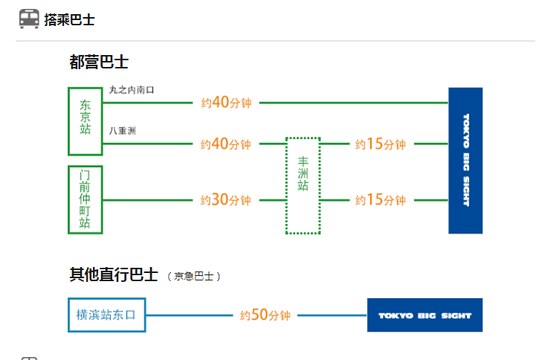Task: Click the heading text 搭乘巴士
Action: click(x=69, y=20)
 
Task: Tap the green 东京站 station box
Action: click(x=85, y=120)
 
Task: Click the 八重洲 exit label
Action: click(x=122, y=131)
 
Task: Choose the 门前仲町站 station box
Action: click(x=85, y=199)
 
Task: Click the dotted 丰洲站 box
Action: click(x=303, y=185)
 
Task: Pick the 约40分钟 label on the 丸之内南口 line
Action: click(x=226, y=103)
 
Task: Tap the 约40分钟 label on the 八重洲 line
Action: click(x=226, y=144)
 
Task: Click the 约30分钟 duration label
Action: click(x=226, y=200)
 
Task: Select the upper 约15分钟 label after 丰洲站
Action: click(x=380, y=144)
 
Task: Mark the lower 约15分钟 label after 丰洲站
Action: click(x=380, y=200)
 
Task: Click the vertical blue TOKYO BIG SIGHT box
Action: click(x=465, y=160)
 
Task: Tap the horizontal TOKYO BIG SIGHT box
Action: click(x=425, y=315)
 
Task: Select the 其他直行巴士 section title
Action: click(x=113, y=275)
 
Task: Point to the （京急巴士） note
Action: click(x=193, y=277)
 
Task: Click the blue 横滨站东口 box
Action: click(x=106, y=315)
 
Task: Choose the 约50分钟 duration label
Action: click(x=265, y=315)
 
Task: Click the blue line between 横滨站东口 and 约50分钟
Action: click(x=189, y=315)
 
